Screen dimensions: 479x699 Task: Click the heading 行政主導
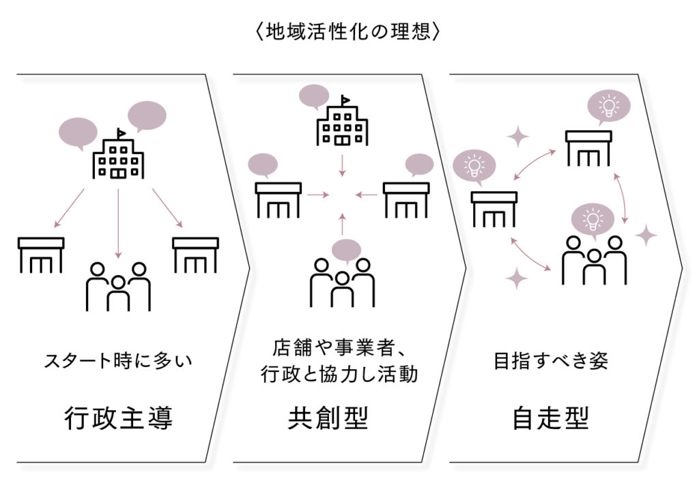(x=120, y=417)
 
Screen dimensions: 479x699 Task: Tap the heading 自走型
(x=550, y=417)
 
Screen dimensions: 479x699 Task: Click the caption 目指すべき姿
(x=550, y=360)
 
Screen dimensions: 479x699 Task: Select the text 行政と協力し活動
(x=340, y=375)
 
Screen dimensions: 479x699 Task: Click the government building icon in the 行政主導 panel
(x=119, y=156)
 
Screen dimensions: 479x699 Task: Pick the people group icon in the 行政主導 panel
(x=118, y=285)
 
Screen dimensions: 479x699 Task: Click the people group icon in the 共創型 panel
(x=343, y=281)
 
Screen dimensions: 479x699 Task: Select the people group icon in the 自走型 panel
(x=594, y=261)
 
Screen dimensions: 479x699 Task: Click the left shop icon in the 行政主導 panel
(x=41, y=255)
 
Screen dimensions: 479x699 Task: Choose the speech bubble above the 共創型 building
(x=314, y=98)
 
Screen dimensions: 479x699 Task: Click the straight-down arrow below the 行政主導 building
(x=119, y=222)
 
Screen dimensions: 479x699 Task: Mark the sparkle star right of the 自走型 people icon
(x=645, y=236)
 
